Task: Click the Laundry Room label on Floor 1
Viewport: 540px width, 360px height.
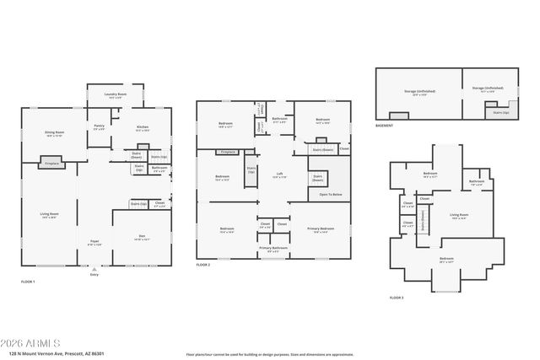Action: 116,94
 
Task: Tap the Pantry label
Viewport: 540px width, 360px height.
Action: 99,127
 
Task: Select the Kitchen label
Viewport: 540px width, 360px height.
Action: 142,128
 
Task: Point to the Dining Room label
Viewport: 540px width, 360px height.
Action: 54,133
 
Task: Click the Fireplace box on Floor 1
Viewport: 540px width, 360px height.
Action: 51,161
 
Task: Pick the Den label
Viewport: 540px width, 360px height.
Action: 141,238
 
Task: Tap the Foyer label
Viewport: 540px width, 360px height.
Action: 94,243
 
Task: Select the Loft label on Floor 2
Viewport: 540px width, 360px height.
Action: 279,176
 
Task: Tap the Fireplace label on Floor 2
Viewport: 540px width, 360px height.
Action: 227,152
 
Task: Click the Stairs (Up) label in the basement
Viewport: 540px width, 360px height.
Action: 499,111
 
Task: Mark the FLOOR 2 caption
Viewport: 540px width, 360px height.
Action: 204,265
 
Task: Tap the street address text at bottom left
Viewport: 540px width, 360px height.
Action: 51,354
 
